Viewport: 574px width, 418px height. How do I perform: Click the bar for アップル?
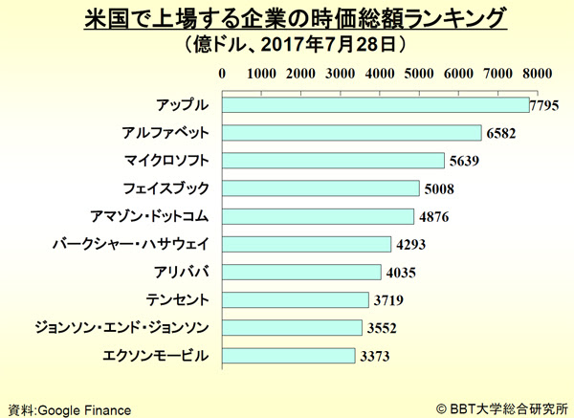click(375, 104)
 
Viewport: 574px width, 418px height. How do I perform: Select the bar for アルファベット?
click(351, 132)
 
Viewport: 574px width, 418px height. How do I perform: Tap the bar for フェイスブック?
click(320, 187)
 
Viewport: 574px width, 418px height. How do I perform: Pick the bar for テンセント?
click(295, 299)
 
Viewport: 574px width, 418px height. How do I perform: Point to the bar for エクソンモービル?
click(288, 356)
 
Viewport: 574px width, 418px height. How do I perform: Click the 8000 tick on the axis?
click(537, 73)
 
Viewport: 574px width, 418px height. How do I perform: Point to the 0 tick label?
click(222, 73)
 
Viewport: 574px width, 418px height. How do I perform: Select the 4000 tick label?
click(380, 73)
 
